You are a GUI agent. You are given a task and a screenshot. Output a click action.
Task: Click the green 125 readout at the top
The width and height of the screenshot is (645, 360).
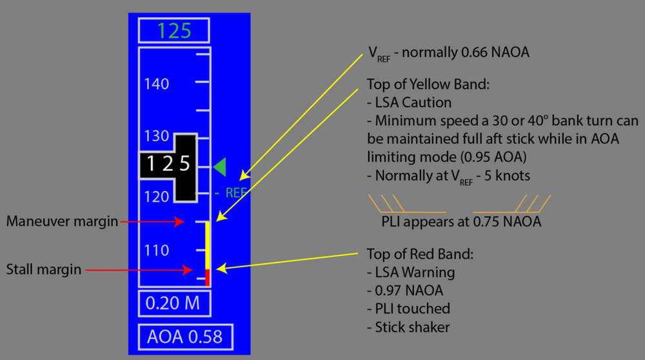pyautogui.click(x=174, y=31)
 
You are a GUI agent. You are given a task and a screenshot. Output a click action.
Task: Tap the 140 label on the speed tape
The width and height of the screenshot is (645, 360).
pyautogui.click(x=157, y=83)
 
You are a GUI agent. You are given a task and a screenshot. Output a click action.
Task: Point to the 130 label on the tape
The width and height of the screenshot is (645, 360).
pyautogui.click(x=157, y=137)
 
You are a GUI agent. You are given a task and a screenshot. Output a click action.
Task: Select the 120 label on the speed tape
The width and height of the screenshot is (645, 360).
pyautogui.click(x=157, y=196)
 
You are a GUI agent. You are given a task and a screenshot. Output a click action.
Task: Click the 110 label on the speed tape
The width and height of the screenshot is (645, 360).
pyautogui.click(x=157, y=250)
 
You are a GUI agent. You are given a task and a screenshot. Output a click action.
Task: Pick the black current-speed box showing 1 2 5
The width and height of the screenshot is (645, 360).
pyautogui.click(x=167, y=165)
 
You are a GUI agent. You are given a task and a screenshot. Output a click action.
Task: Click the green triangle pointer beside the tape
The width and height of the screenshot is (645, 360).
pyautogui.click(x=220, y=166)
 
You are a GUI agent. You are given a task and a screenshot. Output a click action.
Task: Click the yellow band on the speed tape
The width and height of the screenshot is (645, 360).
pyautogui.click(x=208, y=245)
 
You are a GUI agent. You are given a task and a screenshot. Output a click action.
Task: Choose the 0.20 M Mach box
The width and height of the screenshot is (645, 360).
pyautogui.click(x=173, y=303)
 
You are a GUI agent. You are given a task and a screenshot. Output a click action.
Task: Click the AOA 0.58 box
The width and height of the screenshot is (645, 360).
pyautogui.click(x=185, y=337)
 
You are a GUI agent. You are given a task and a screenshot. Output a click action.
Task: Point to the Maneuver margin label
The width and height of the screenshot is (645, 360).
pyautogui.click(x=63, y=221)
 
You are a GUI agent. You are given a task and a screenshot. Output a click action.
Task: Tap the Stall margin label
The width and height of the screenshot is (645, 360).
pyautogui.click(x=45, y=268)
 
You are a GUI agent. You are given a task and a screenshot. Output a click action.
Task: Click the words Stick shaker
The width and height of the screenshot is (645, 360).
pyautogui.click(x=412, y=327)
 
